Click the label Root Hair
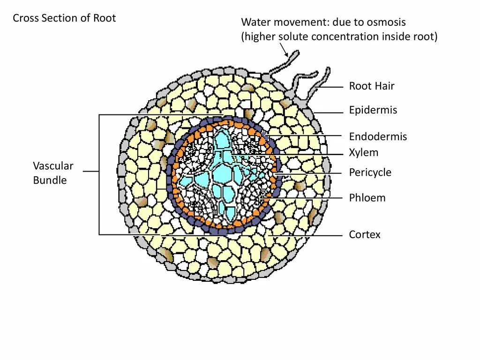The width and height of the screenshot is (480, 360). (x=371, y=86)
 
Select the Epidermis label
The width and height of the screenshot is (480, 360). (x=373, y=111)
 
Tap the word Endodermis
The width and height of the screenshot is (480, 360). (x=378, y=137)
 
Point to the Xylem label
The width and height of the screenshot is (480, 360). (x=363, y=153)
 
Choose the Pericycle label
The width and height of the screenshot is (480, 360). (x=370, y=173)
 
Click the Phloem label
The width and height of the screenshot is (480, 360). (x=367, y=198)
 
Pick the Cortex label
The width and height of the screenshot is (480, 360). (x=365, y=234)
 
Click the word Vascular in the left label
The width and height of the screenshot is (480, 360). (x=53, y=166)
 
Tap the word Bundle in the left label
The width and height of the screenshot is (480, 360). (x=50, y=180)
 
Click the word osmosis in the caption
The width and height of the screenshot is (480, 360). (x=388, y=22)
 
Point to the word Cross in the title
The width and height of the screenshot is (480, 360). (x=25, y=18)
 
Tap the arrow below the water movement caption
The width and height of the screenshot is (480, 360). (x=284, y=49)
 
